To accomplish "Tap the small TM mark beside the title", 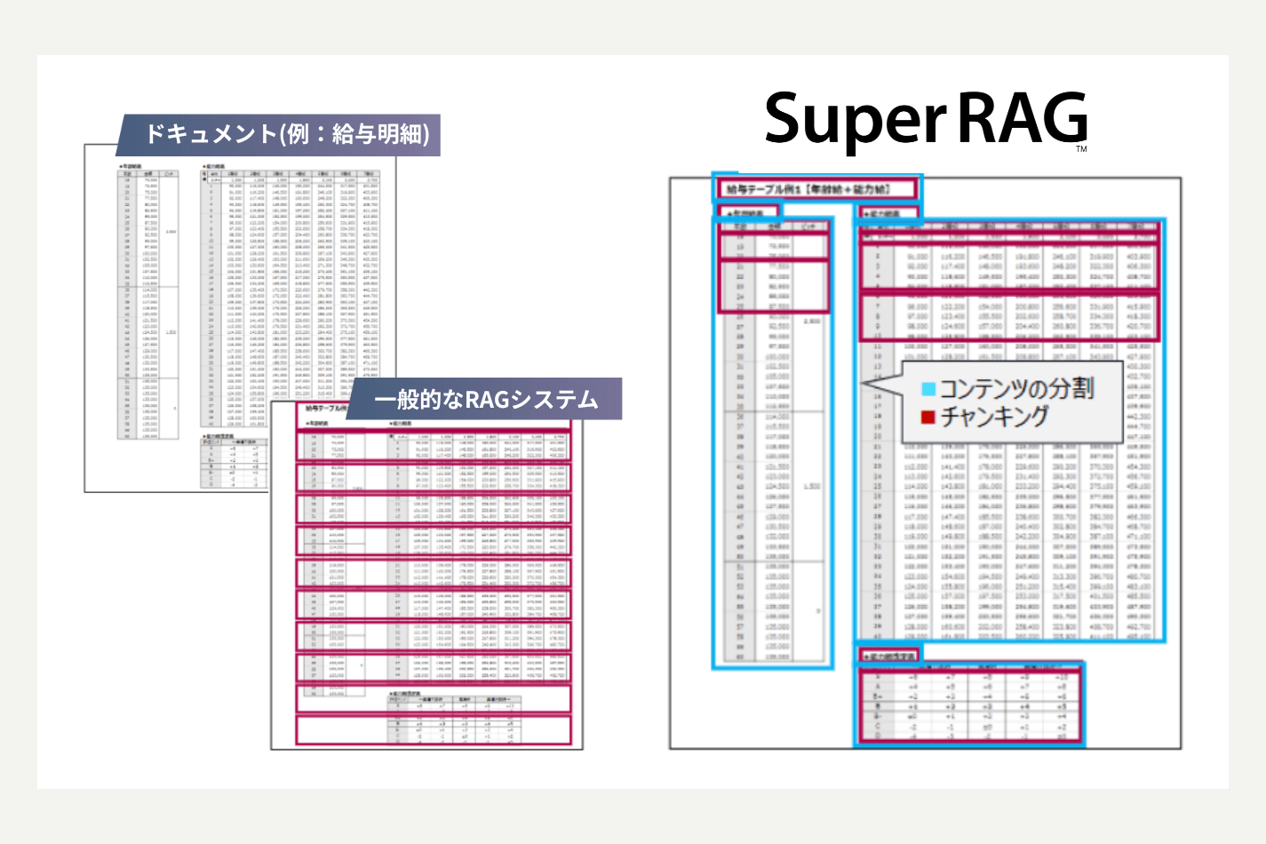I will point(1081,149).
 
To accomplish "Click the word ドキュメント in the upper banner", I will point(211,134).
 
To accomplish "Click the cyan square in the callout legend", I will point(928,389).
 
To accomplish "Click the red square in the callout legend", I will point(928,417).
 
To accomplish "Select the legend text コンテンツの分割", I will point(1016,388).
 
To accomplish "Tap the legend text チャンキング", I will point(995,417).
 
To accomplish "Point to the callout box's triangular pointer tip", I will point(864,384).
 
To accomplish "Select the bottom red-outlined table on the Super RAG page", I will point(970,707).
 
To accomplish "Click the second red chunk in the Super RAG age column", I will point(773,286).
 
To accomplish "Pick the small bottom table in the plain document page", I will point(235,462).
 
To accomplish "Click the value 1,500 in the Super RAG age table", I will point(811,486).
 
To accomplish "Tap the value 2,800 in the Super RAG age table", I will point(811,321).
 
